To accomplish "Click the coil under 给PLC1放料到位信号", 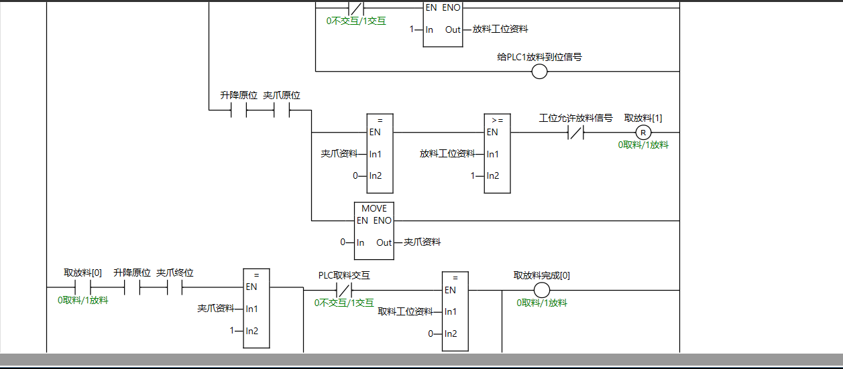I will [539, 72].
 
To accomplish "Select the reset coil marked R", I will [643, 132].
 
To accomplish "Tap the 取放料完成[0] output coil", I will [541, 290].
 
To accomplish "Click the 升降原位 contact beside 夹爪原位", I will [239, 110].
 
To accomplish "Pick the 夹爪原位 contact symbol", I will [282, 110].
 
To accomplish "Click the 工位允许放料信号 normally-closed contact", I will [575, 133].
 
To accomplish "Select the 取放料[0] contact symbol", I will [82, 288].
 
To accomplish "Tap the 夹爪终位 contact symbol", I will [174, 288].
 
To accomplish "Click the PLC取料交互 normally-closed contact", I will [343, 290].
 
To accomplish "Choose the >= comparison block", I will [497, 154].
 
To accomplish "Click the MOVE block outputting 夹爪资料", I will [374, 230].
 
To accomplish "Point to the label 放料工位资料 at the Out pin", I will [500, 29].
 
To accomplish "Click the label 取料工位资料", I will [405, 311].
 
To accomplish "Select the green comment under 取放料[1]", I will [643, 145].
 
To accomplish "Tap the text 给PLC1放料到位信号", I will [539, 57].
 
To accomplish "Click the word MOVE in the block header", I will [374, 208].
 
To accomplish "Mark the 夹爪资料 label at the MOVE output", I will [423, 242].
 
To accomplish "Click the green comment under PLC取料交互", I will [344, 303].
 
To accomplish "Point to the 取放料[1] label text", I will [643, 118].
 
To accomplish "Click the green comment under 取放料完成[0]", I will [542, 303].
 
